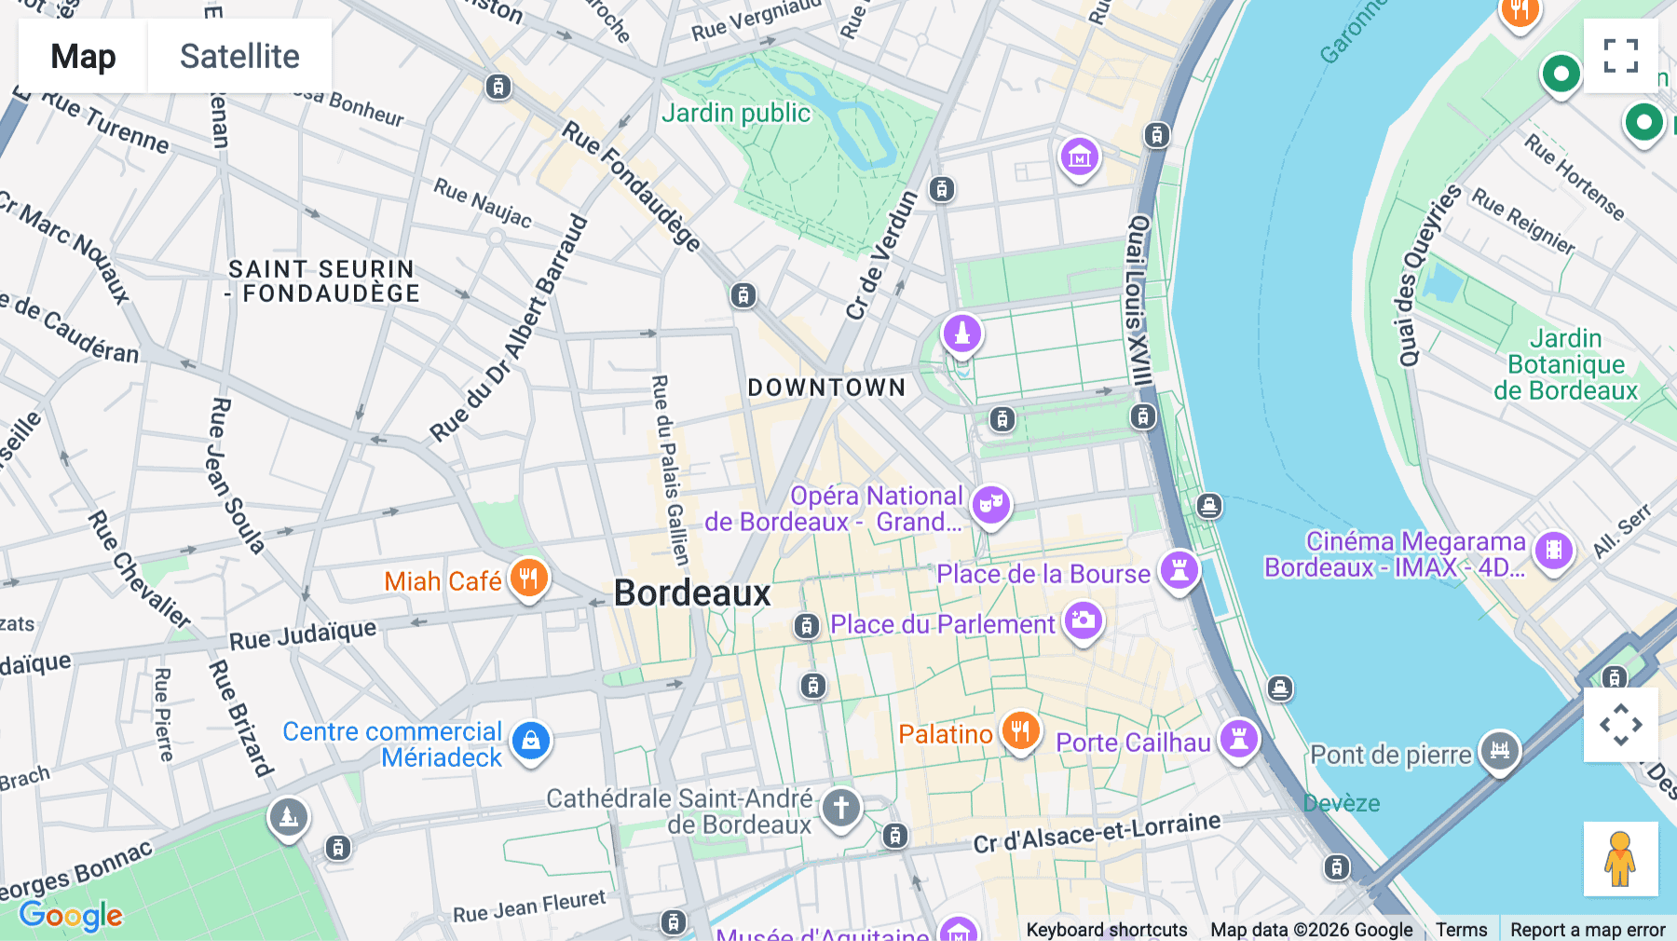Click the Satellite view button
pos(239,56)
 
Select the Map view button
pos(83,56)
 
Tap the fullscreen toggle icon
pos(1620,56)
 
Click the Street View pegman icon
pos(1620,858)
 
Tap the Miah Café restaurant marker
pos(528,579)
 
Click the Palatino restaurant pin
pos(1020,731)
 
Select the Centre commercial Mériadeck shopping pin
pos(531,742)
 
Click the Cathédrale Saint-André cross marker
pos(840,807)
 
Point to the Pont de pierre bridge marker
pos(1499,750)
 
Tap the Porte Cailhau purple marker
pos(1239,740)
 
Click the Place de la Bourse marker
pos(1179,569)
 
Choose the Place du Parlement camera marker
pos(1084,621)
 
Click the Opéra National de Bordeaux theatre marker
pos(990,504)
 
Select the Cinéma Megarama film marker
pos(1553,551)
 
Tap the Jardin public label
pos(736,114)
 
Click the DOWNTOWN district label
pos(826,388)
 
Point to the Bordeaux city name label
pos(692,593)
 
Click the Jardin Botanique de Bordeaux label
pos(1565,364)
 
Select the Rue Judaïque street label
pos(303,634)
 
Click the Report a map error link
pos(1588,929)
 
